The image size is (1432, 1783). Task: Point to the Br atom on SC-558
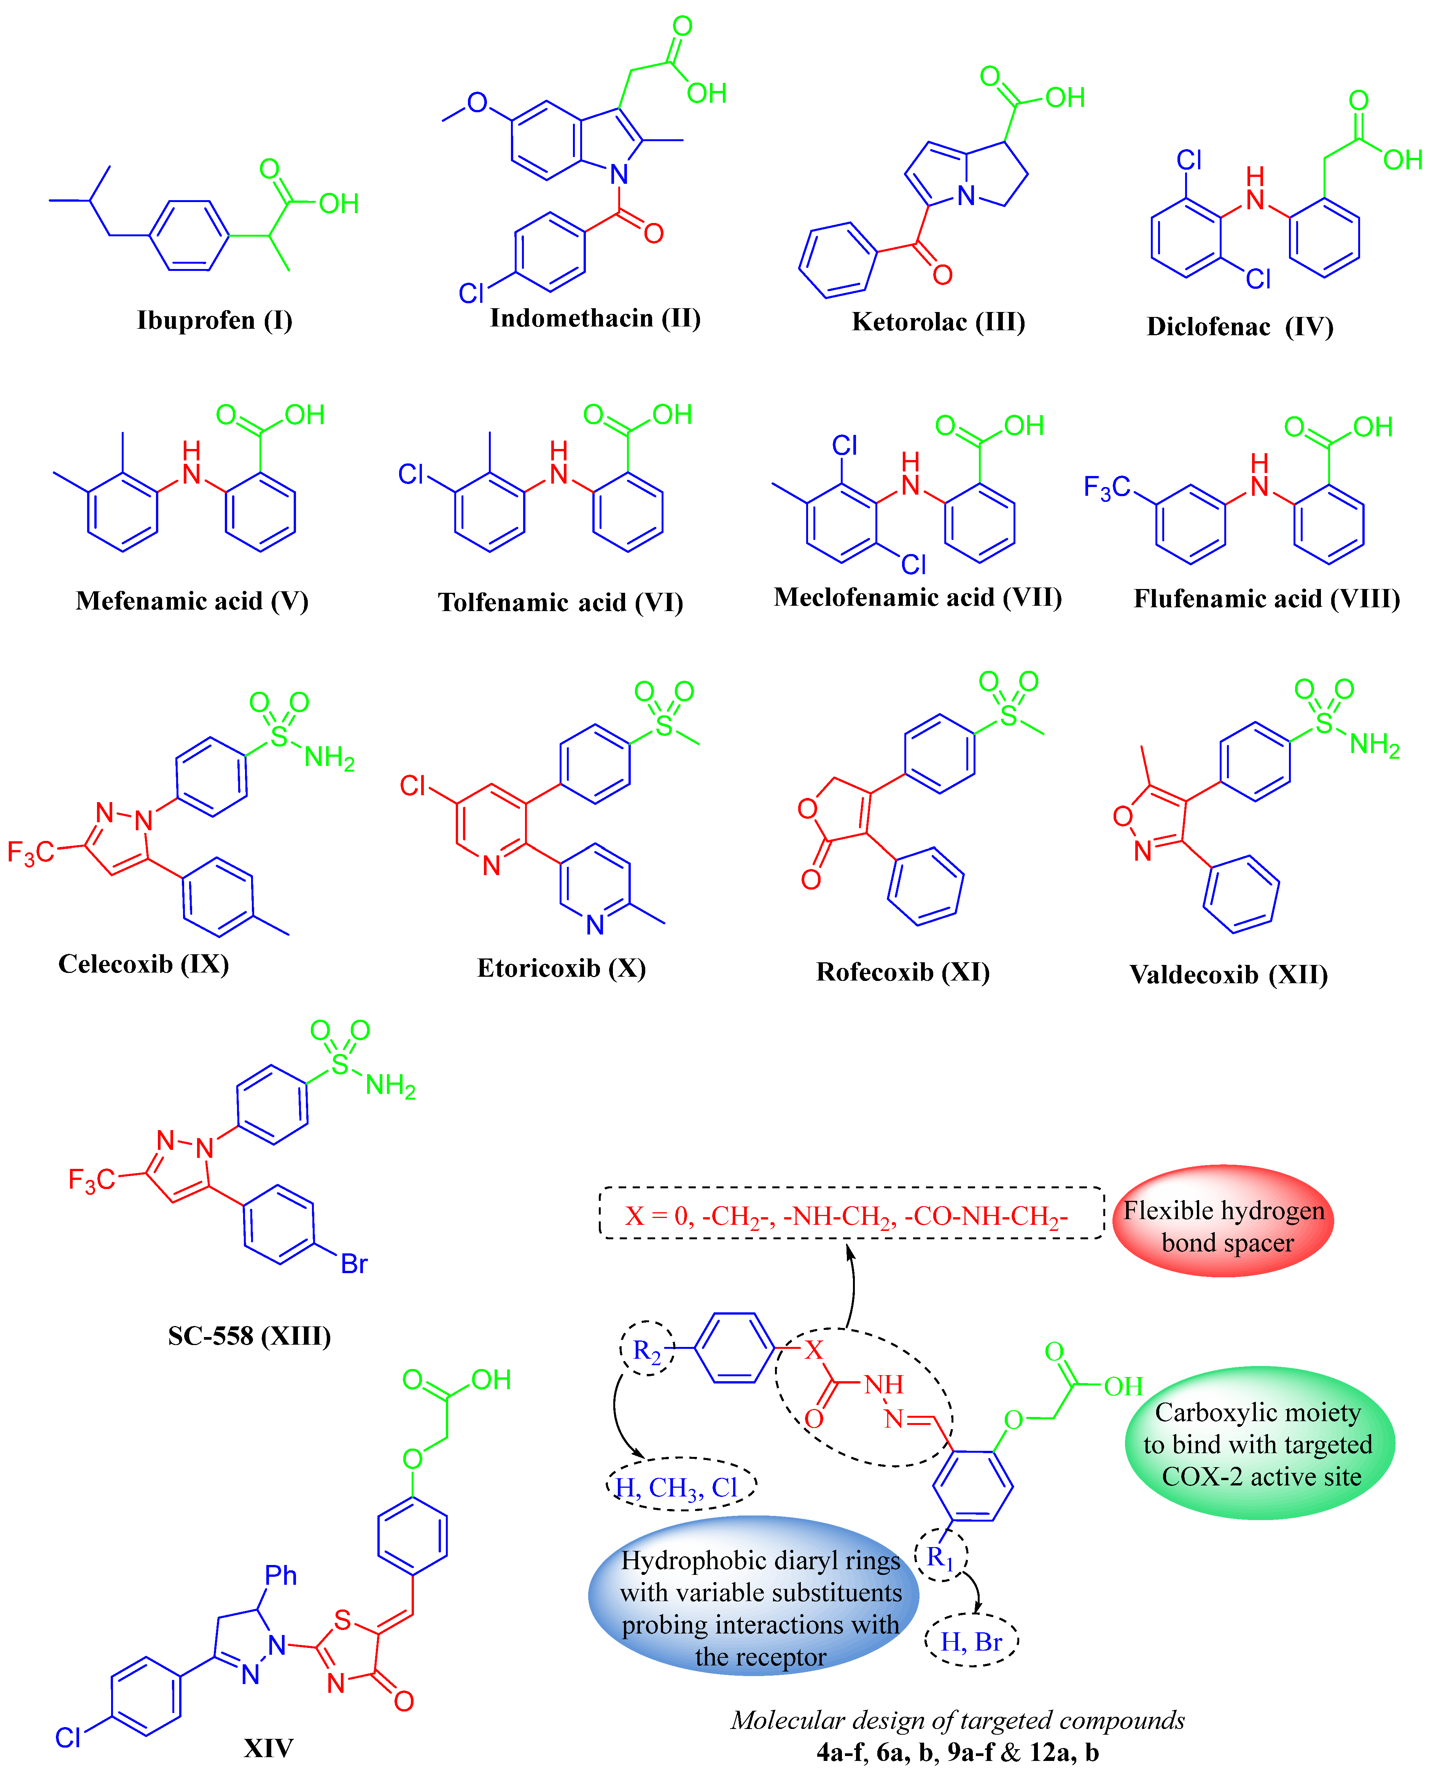(x=354, y=1264)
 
